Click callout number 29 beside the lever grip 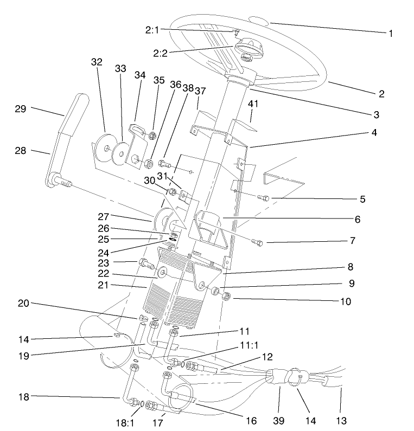coord(21,109)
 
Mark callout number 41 coord(253,104)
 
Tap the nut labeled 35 coord(152,134)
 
